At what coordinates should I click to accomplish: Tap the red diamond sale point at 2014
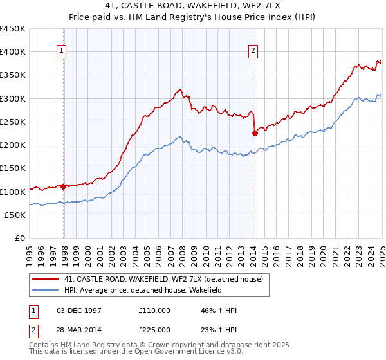click(255, 133)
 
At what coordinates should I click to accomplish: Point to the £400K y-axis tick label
click(13, 52)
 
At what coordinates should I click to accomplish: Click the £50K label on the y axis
click(15, 215)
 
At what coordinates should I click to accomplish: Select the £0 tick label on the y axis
click(20, 239)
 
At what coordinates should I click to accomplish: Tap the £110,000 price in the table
click(154, 310)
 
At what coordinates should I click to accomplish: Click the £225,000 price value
click(154, 330)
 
